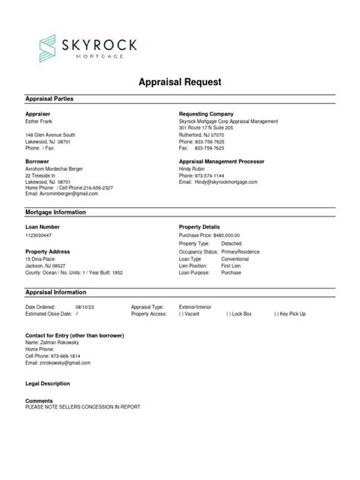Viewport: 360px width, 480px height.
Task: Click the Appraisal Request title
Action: tap(179, 82)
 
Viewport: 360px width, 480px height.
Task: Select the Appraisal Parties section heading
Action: tap(49, 99)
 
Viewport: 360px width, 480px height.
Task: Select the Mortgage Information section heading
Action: tap(55, 213)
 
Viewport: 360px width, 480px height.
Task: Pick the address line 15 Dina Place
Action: tap(43, 259)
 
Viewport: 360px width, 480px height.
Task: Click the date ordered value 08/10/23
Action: tap(84, 307)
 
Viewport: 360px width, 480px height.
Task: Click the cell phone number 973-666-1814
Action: tap(65, 355)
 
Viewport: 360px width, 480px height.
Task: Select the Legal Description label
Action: tap(47, 384)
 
